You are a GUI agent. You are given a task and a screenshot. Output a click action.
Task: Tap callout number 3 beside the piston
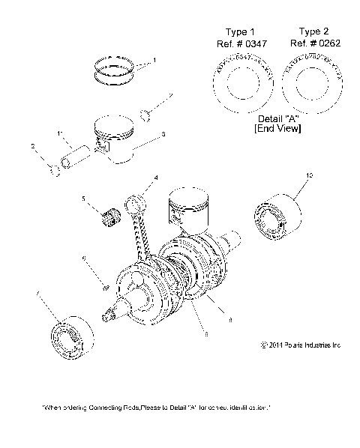163,134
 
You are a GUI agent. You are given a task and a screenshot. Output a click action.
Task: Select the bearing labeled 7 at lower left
69,341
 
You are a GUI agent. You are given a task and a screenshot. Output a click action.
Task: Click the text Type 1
241,32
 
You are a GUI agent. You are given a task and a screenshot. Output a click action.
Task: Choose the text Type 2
312,31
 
